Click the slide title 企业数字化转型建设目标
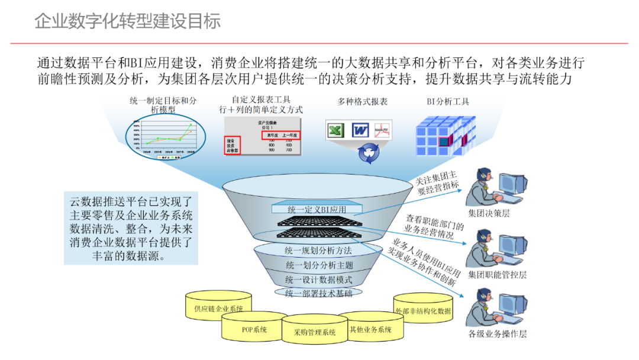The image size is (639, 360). [x=127, y=21]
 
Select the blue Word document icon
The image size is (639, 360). [x=360, y=130]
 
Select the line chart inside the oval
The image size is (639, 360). [x=164, y=134]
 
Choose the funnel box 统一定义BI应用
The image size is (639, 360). [x=317, y=209]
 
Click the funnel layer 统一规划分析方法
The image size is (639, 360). [x=318, y=250]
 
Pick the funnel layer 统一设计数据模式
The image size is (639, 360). [x=318, y=279]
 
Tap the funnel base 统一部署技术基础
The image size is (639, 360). [x=318, y=293]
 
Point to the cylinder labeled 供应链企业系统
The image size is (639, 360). [x=218, y=309]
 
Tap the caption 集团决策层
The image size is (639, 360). [x=489, y=213]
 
